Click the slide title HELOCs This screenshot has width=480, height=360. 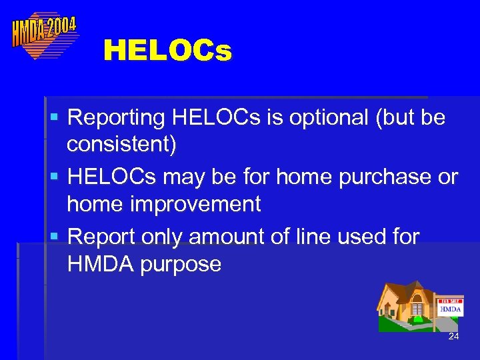167,51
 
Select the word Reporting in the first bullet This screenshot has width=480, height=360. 117,117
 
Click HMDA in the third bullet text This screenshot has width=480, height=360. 96,264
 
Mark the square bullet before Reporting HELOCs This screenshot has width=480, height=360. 55,118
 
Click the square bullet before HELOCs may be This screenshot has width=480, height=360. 55,177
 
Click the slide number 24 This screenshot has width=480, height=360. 453,337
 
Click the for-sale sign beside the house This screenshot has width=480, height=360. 450,307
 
